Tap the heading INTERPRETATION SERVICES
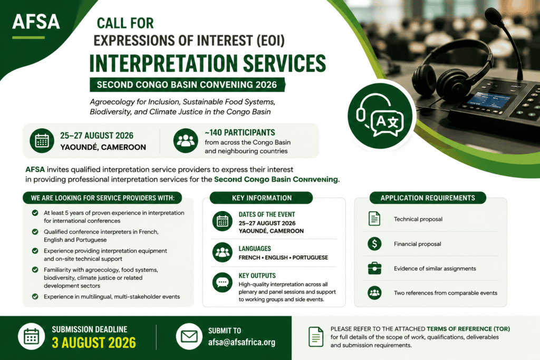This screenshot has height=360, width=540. (x=208, y=63)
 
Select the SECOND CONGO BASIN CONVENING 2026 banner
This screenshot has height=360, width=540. (x=187, y=85)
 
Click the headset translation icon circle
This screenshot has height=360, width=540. (x=380, y=116)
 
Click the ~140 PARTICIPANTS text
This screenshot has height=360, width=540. (x=240, y=132)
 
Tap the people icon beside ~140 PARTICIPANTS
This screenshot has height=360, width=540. (x=186, y=140)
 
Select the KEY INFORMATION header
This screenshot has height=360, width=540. (x=262, y=198)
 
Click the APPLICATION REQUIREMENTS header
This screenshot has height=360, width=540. (x=428, y=198)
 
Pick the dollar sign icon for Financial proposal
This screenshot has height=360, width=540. (x=374, y=244)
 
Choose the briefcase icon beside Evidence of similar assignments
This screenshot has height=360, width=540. (x=374, y=268)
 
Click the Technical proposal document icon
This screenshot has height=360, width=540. (x=374, y=219)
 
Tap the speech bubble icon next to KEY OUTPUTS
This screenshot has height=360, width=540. (x=222, y=283)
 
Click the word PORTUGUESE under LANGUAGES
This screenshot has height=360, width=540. (x=310, y=257)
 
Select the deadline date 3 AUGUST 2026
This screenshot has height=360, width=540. (x=94, y=343)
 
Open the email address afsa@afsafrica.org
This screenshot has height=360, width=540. (x=242, y=343)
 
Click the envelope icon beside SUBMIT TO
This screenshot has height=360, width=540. (x=189, y=337)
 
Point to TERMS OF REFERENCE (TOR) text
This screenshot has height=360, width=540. (x=468, y=329)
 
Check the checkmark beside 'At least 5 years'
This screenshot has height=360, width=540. (x=35, y=213)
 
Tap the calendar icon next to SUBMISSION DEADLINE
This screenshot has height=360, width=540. (x=31, y=337)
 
